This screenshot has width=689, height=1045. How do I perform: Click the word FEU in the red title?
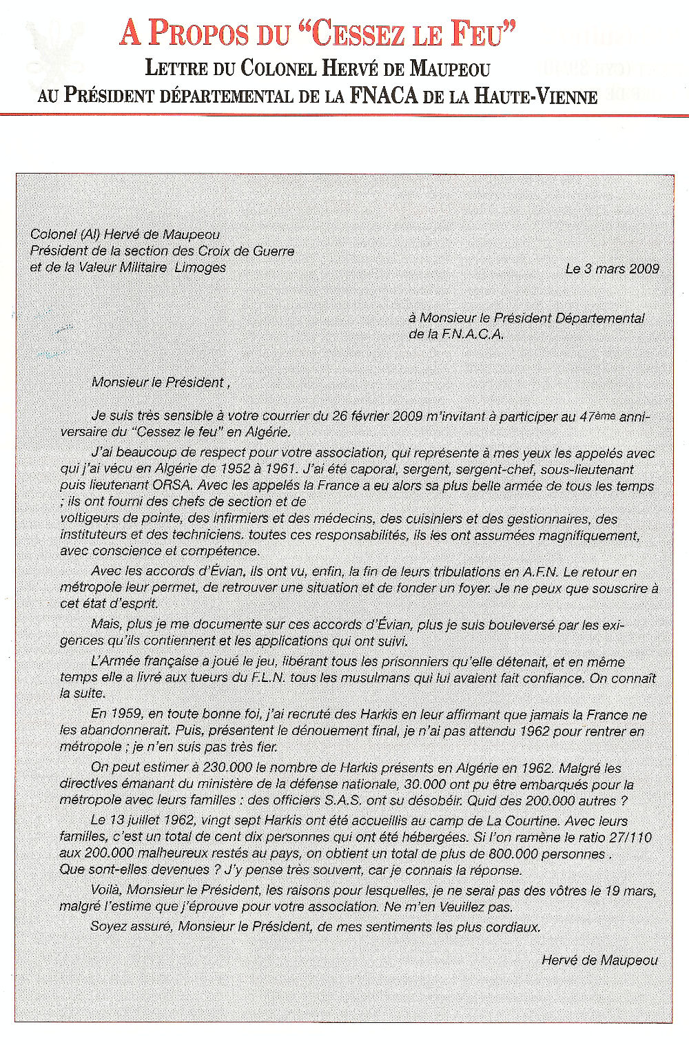coord(481,33)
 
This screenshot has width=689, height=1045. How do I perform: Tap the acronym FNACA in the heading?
coord(383,95)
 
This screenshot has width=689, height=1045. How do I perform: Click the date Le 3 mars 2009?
coord(612,269)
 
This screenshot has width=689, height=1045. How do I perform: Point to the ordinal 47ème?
coord(597,416)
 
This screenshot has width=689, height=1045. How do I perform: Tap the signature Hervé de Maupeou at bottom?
coord(599,960)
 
